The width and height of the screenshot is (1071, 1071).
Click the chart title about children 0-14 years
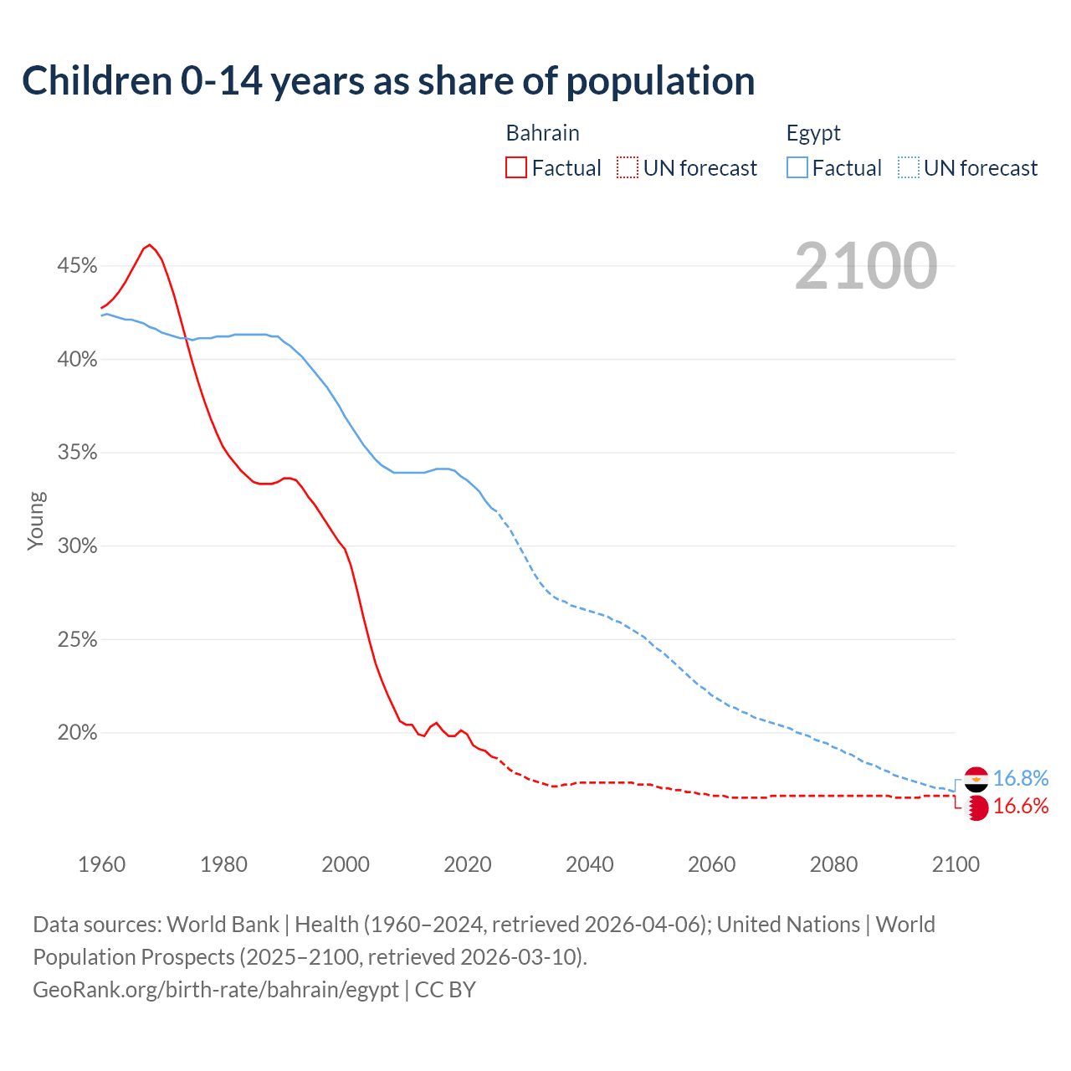pyautogui.click(x=388, y=81)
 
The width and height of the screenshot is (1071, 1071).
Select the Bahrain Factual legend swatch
pyautogui.click(x=516, y=167)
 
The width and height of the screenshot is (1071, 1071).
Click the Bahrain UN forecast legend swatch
pyautogui.click(x=628, y=167)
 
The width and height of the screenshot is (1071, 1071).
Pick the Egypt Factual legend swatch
pyautogui.click(x=797, y=167)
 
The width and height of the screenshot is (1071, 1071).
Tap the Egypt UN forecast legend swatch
pyautogui.click(x=908, y=167)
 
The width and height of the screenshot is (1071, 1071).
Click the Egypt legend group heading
pyautogui.click(x=813, y=133)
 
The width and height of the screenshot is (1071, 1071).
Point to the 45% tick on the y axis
pyautogui.click(x=77, y=266)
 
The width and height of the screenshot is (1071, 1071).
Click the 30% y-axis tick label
pyautogui.click(x=77, y=546)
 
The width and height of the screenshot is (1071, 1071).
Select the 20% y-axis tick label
pyautogui.click(x=77, y=733)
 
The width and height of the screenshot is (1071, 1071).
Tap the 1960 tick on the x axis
pyautogui.click(x=101, y=864)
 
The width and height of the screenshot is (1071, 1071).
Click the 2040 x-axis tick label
pyautogui.click(x=590, y=864)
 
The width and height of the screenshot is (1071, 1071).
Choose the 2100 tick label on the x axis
pyautogui.click(x=956, y=864)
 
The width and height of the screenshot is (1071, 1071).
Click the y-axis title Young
pyautogui.click(x=36, y=520)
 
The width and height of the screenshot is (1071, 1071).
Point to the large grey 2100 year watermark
pyautogui.click(x=866, y=266)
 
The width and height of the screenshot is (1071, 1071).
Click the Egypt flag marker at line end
pyautogui.click(x=976, y=779)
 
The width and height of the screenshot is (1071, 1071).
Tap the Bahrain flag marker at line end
pyautogui.click(x=976, y=807)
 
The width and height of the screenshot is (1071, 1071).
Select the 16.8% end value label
pyautogui.click(x=1021, y=779)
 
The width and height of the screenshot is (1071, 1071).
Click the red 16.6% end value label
pyautogui.click(x=1021, y=807)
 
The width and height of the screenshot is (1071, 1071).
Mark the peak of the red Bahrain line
pyautogui.click(x=149, y=244)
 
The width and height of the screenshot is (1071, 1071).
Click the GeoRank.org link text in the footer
pyautogui.click(x=216, y=990)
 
